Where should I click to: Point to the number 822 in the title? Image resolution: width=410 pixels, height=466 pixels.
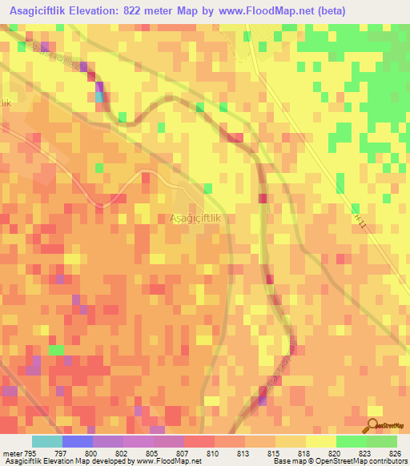point(153,11)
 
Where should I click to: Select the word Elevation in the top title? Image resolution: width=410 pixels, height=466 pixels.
point(107,11)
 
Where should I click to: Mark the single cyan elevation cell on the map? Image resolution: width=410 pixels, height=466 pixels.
point(100,97)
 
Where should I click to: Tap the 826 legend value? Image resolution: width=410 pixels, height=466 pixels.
point(393,452)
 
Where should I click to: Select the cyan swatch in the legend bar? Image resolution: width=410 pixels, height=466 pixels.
point(46,441)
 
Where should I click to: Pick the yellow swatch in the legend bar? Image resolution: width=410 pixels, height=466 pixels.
point(320,441)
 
